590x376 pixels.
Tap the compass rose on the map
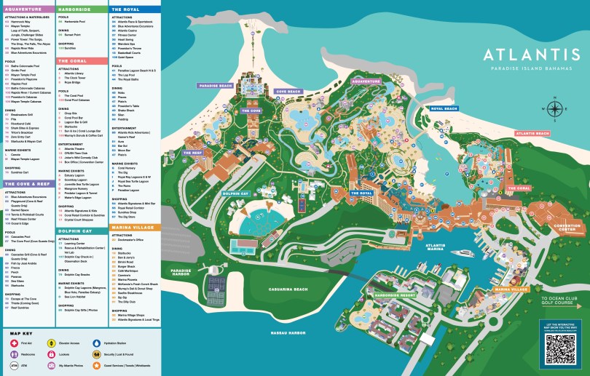[x=554, y=109]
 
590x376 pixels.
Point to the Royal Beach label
[x=444, y=108]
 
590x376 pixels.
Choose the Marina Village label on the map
[x=511, y=289]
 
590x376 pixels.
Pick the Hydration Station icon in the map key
[x=98, y=342]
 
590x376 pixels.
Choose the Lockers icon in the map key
[x=52, y=353]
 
